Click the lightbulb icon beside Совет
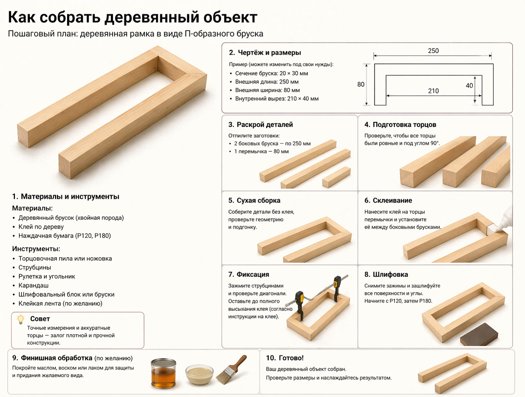[20, 319]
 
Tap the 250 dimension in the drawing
[433, 51]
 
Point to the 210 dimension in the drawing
[433, 91]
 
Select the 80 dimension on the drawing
[361, 84]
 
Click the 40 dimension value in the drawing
[469, 86]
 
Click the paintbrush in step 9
[231, 369]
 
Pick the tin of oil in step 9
[163, 373]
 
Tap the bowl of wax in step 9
[200, 374]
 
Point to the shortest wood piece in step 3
[336, 177]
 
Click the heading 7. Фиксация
[248, 274]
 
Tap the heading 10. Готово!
[285, 358]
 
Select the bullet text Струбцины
[35, 267]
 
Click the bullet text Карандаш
[34, 285]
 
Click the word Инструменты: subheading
[36, 249]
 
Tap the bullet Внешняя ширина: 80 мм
[267, 90]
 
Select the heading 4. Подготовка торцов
[400, 125]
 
